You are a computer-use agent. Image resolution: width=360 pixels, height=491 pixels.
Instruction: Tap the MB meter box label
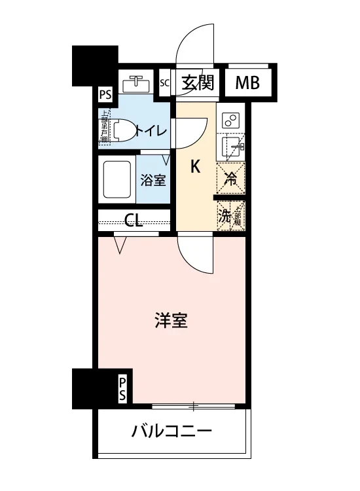[x=248, y=83]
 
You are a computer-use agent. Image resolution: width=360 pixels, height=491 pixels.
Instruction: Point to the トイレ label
[x=152, y=130]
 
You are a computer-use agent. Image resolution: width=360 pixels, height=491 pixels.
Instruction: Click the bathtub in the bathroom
[x=118, y=179]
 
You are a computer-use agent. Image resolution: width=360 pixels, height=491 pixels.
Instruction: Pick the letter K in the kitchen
[x=194, y=167]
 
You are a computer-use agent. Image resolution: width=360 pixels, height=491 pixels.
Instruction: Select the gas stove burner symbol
[x=230, y=120]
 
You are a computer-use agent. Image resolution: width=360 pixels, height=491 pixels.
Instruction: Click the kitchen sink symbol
[x=230, y=145]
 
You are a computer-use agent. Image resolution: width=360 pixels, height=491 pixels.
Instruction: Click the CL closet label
[x=134, y=220]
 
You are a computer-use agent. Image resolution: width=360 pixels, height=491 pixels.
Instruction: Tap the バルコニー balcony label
[x=171, y=432]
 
